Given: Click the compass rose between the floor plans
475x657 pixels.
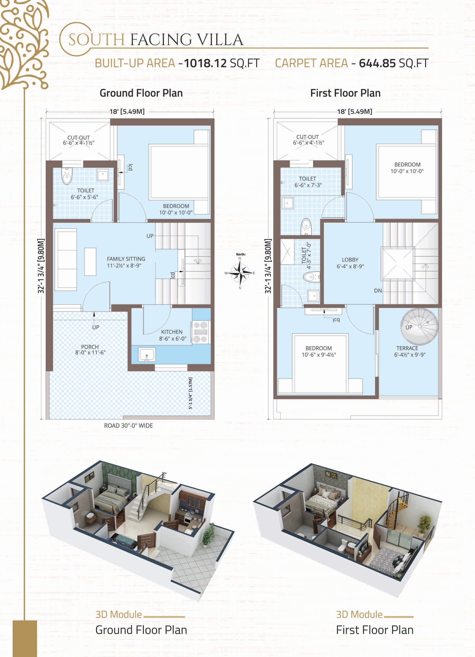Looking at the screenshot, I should click(240, 273).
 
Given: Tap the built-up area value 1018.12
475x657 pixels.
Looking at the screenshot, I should click(205, 63).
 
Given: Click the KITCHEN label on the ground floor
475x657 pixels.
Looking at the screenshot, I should click(172, 332).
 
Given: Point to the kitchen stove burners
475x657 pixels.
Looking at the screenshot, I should click(201, 332).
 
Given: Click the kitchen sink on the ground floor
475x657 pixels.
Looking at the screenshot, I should click(147, 355).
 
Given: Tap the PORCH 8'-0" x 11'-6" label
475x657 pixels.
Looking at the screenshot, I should click(90, 350).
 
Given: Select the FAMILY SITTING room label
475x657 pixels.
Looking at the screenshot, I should click(126, 262).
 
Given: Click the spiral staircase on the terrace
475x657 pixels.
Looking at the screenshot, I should click(419, 327).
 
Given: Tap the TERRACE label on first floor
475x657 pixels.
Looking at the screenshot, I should click(407, 348).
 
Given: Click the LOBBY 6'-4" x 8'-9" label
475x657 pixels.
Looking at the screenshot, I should click(350, 263).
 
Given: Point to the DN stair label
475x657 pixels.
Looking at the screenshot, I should click(378, 290).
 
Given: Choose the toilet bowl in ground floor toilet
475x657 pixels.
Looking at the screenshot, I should click(67, 176).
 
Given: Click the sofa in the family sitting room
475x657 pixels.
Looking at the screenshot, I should click(66, 259).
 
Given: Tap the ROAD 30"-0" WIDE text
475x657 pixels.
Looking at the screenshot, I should click(128, 426).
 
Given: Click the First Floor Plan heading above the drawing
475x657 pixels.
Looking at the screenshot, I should click(345, 93).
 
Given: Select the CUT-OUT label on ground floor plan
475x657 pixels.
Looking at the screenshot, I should click(79, 138).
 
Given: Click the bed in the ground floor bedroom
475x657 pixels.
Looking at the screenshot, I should click(179, 172).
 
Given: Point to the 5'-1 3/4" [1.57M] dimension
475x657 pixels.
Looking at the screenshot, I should click(190, 393).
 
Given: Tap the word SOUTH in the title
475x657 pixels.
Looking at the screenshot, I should click(96, 40).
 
